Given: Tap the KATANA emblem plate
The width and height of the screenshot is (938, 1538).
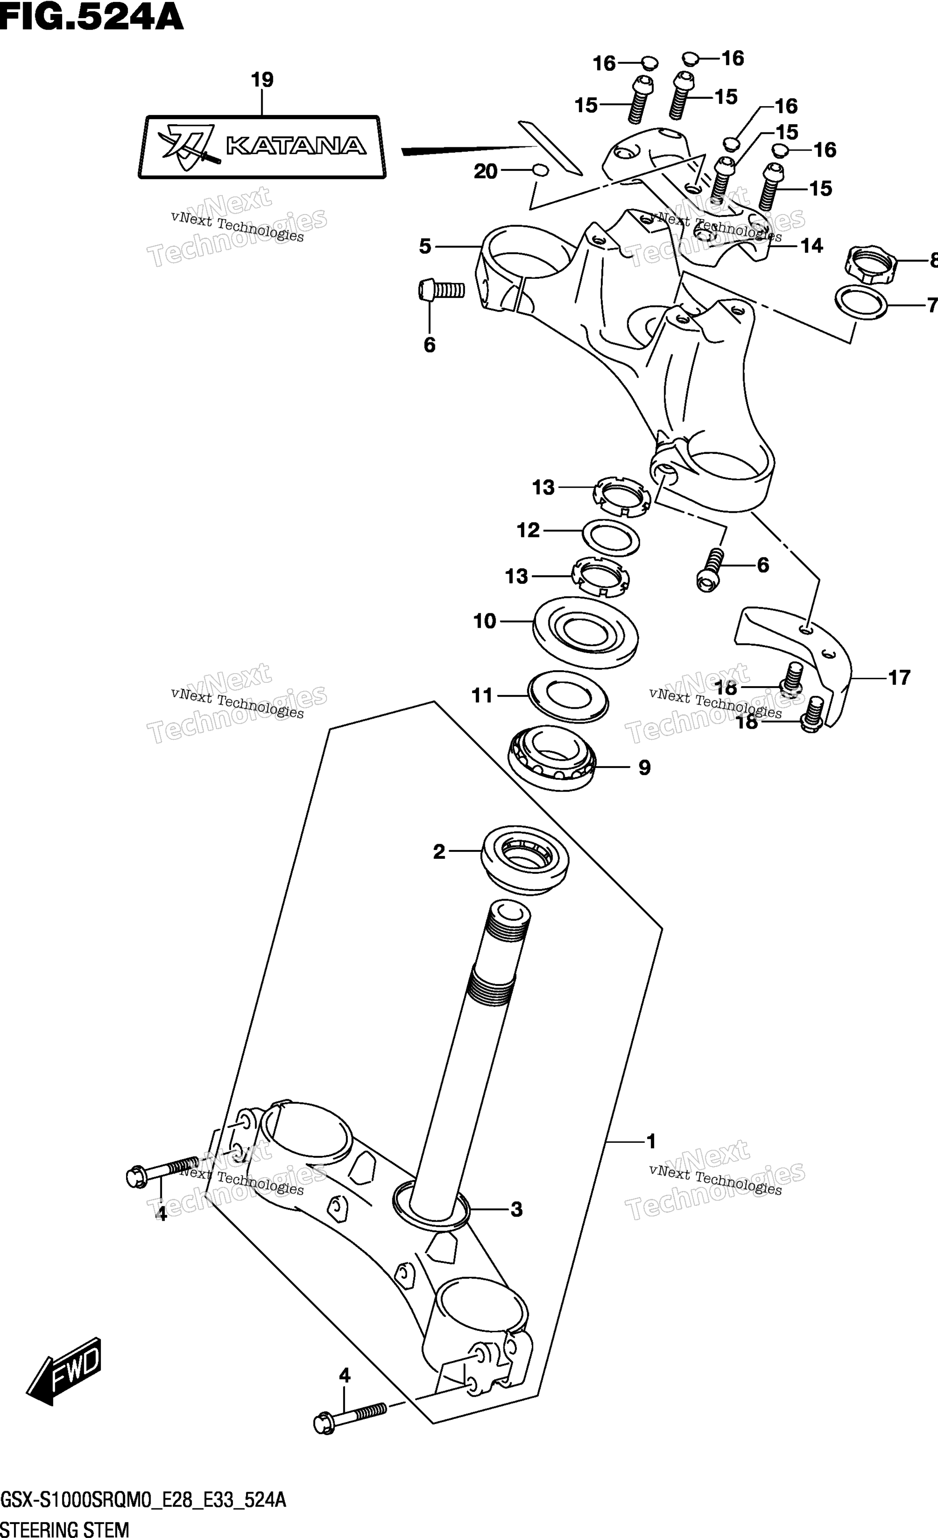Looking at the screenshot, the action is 262,147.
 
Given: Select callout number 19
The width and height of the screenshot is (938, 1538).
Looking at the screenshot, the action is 262,80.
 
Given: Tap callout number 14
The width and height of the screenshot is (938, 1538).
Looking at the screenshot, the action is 811,246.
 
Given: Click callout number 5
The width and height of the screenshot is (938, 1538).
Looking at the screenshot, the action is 425,246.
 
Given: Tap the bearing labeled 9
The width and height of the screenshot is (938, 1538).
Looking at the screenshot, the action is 552,760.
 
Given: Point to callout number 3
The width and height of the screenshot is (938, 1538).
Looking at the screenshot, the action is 516,1210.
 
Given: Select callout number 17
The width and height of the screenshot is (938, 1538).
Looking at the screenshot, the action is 899,677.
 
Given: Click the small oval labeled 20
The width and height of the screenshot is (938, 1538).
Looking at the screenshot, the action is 541,170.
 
